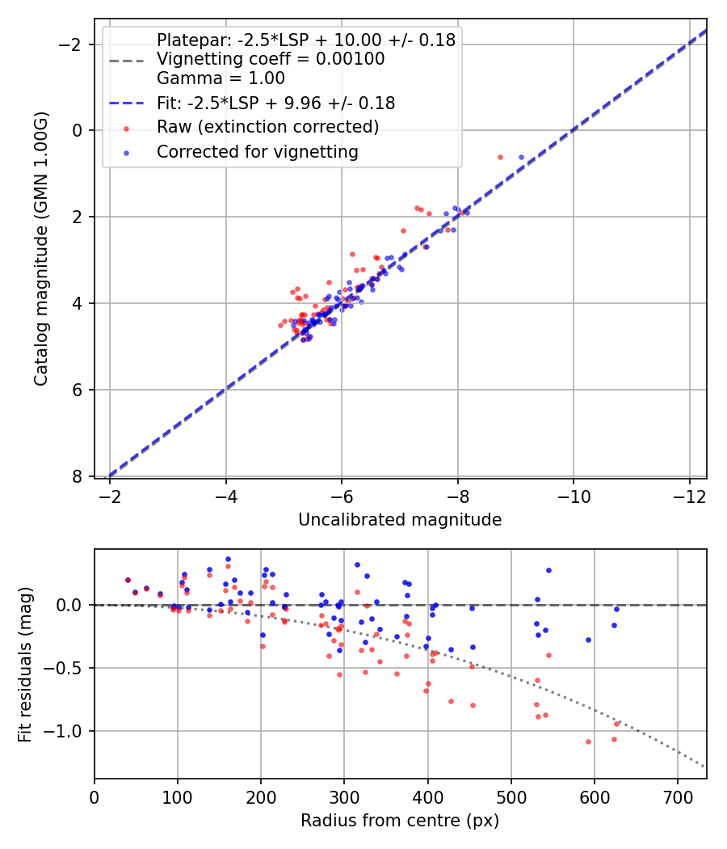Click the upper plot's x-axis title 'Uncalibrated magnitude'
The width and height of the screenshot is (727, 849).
400,520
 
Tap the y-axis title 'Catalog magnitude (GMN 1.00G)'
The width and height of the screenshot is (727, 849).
41,249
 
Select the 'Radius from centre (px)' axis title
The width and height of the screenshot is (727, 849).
400,821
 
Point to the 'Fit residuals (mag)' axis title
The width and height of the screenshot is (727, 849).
25,664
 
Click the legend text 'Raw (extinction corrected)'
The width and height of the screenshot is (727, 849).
267,127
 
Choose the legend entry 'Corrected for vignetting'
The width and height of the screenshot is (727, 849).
258,151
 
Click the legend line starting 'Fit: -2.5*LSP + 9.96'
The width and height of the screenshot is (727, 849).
275,103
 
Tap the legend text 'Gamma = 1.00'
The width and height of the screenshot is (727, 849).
221,78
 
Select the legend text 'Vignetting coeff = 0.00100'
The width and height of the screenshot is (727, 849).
271,59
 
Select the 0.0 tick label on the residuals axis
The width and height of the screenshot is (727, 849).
73,605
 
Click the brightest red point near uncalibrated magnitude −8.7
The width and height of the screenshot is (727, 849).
500,157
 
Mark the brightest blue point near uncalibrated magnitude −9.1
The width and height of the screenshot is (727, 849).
521,157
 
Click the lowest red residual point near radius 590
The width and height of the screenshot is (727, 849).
588,741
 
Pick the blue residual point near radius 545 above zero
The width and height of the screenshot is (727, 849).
548,570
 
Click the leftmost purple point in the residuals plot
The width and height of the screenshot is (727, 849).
128,580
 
